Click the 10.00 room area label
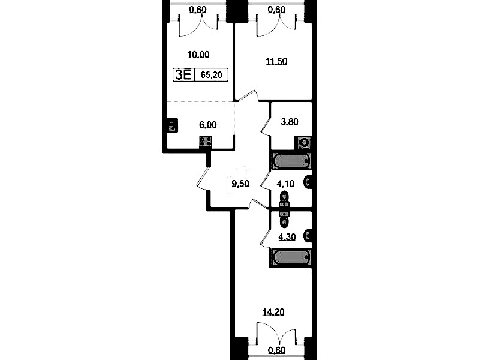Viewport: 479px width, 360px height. tap(198, 55)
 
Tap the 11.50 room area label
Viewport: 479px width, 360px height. tap(276, 61)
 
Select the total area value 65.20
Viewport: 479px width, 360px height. tap(212, 74)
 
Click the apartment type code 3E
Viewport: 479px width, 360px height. tap(183, 74)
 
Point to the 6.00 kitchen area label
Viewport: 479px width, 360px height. tap(208, 125)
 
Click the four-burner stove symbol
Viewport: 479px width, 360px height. tap(206, 142)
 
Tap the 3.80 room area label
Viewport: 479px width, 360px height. tap(290, 122)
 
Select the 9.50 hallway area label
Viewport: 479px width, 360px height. tap(240, 184)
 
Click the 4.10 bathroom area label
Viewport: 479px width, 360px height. tap(285, 184)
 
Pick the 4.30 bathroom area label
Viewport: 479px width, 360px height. tap(287, 237)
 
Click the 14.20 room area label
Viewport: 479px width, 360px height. tap(273, 312)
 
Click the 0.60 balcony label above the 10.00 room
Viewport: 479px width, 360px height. tap(198, 10)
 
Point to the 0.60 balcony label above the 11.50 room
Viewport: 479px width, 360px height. tap(276, 10)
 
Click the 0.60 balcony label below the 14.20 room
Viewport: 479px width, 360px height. tap(276, 350)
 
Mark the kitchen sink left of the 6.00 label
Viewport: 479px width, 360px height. tap(172, 125)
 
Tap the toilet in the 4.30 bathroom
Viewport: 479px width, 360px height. tap(308, 236)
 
